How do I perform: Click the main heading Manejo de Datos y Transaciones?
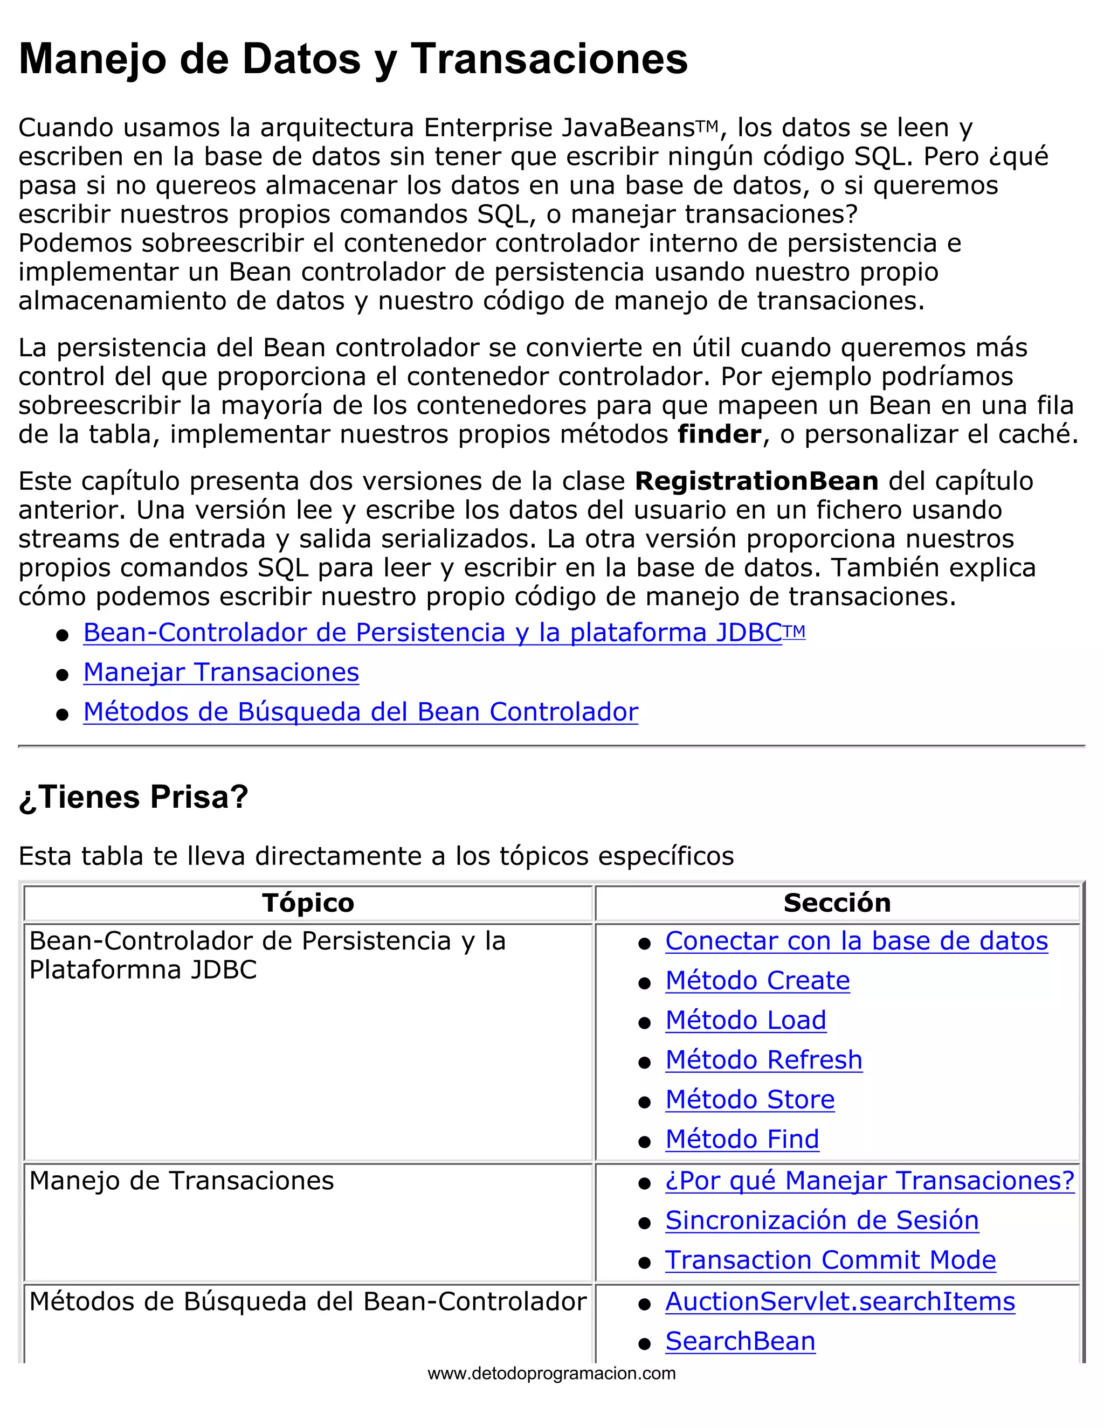click(x=353, y=59)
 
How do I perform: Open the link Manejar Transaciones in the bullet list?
click(x=221, y=672)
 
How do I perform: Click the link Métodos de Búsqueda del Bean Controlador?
click(x=361, y=711)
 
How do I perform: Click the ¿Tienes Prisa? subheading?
click(x=134, y=797)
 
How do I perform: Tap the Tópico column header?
click(x=308, y=903)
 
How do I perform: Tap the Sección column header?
click(x=837, y=903)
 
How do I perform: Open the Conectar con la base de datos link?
click(x=856, y=941)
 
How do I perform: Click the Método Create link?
click(x=757, y=981)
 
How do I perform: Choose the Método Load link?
click(x=746, y=1020)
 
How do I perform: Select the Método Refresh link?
click(x=763, y=1060)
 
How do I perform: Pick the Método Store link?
click(x=749, y=1100)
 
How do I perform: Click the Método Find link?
click(x=742, y=1139)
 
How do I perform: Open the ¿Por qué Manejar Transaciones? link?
click(x=869, y=1181)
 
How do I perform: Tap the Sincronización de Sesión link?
click(x=822, y=1221)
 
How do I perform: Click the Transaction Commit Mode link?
click(x=830, y=1260)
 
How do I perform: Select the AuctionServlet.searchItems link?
click(x=840, y=1302)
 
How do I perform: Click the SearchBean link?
click(x=740, y=1341)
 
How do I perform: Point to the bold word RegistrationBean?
click(x=756, y=481)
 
